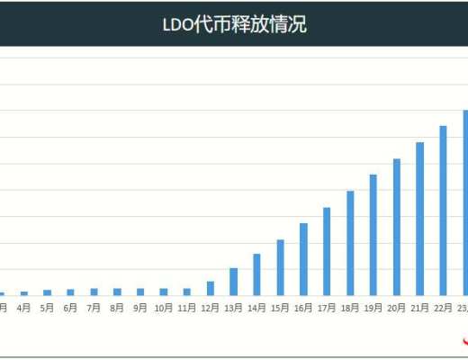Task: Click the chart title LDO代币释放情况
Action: [234, 24]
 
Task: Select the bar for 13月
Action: [234, 282]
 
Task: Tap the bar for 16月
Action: [304, 259]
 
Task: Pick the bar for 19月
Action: [373, 235]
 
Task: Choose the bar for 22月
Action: [443, 211]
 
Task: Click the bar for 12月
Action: [211, 288]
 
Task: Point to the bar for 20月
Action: [397, 227]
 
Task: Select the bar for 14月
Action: [257, 274]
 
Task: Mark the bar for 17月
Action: [327, 251]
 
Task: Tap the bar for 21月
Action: [420, 219]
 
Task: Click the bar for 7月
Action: [94, 292]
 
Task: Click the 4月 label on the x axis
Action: [24, 308]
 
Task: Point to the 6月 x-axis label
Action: [71, 308]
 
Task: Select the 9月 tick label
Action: [140, 308]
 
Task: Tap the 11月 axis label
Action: [187, 308]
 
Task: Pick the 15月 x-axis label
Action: [281, 308]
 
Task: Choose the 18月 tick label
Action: [350, 308]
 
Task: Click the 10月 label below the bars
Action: [164, 308]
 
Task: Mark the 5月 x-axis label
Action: [48, 308]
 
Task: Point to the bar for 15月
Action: [281, 267]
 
